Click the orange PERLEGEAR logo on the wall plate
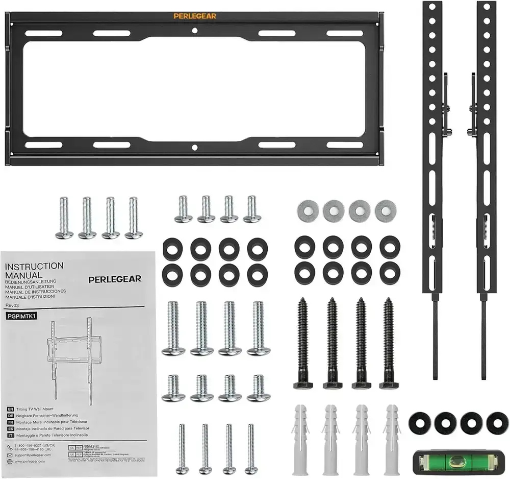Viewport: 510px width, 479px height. pos(195,16)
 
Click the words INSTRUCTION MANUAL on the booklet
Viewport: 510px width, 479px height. pos(34,270)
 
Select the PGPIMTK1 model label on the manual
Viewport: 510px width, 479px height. pos(21,316)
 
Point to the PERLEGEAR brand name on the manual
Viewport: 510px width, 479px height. pos(115,279)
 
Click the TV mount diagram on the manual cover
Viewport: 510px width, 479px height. pos(71,358)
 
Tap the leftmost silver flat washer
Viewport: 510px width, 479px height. pos(308,210)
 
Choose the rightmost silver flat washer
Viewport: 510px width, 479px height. pos(385,210)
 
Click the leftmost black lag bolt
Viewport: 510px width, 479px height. pos(302,343)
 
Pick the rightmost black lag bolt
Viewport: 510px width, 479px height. pos(388,343)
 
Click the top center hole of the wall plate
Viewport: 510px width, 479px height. pos(194,31)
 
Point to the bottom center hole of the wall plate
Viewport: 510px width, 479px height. pos(194,148)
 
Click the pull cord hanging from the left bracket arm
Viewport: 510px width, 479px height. pos(435,337)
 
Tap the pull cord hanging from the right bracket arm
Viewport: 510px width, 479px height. pos(483,337)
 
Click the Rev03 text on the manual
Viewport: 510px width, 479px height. pos(12,305)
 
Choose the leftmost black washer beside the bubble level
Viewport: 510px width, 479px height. pos(420,423)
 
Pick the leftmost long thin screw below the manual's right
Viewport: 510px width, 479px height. pos(182,448)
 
